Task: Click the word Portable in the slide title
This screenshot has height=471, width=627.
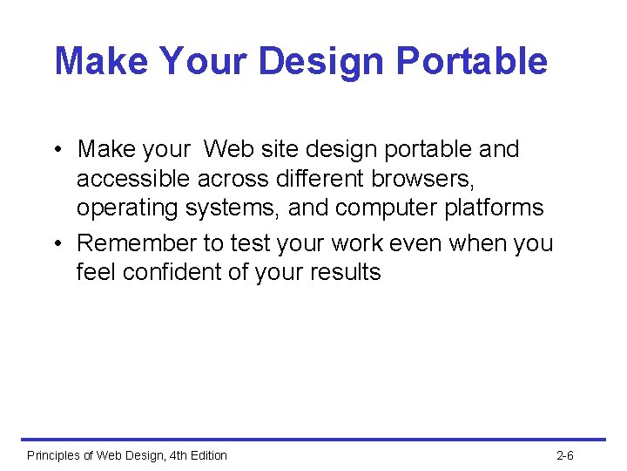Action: (471, 62)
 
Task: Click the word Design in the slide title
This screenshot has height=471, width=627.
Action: (321, 62)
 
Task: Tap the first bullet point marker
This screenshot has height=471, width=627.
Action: (56, 150)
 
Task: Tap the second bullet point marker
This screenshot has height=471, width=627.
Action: (56, 243)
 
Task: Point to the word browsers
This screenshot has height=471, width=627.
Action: (422, 179)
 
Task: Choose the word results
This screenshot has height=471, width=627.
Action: (347, 272)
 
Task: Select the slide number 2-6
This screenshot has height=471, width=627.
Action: (564, 455)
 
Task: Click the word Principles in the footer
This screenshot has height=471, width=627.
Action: (54, 455)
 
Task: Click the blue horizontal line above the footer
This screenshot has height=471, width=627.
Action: (313, 440)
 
